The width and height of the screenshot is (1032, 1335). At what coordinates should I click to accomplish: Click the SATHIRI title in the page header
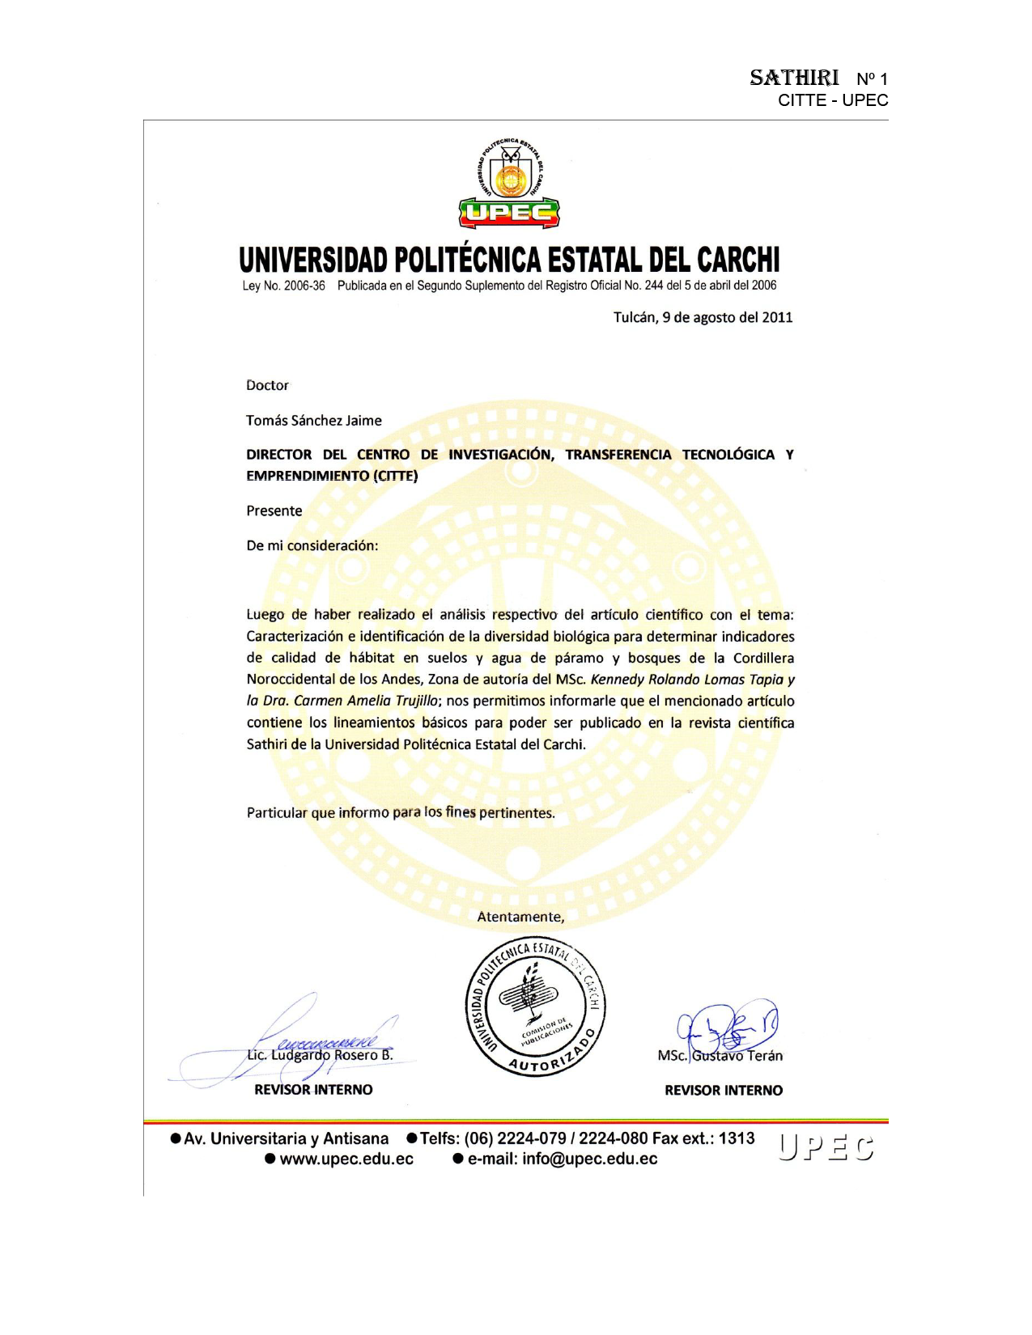point(794,78)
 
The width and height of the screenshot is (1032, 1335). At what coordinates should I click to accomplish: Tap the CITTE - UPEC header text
point(833,100)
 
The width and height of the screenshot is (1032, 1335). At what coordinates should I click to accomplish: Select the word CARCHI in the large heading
point(737,261)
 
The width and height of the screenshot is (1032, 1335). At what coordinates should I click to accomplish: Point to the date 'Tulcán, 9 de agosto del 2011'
point(703,317)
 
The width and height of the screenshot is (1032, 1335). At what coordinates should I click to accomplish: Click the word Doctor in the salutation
point(267,385)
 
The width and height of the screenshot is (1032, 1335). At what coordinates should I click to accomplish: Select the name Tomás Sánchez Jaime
point(314,421)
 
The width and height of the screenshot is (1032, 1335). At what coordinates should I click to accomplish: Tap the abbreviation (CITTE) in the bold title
point(395,476)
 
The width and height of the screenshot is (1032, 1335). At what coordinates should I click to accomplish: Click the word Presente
point(274,511)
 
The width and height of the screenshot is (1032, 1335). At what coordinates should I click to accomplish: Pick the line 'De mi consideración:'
point(312,545)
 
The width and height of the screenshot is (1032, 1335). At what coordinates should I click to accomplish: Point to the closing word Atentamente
point(520,917)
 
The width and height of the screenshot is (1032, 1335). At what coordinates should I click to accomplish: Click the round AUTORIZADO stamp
point(536,1008)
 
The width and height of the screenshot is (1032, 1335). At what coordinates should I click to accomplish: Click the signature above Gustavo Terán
point(726,1028)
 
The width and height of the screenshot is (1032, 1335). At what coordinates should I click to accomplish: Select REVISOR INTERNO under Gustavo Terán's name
point(724,1091)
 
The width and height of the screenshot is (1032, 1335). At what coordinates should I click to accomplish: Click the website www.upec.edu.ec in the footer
point(346,1159)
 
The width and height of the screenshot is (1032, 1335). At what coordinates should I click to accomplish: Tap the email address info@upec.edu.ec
point(590,1159)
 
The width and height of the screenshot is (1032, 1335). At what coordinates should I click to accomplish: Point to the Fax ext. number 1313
point(737,1138)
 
